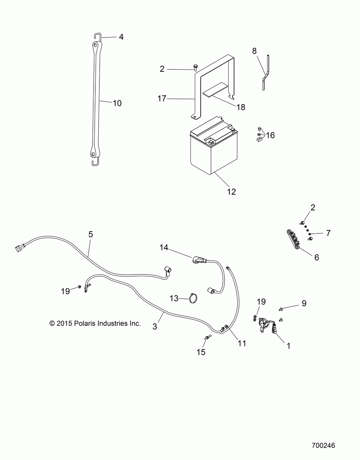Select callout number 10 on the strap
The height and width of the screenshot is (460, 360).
click(x=117, y=103)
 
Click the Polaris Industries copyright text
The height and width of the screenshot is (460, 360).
click(x=95, y=323)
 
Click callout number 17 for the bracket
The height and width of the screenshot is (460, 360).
click(x=162, y=98)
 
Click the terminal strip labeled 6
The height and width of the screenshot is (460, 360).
click(x=293, y=238)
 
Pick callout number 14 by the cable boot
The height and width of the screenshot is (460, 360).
click(x=164, y=247)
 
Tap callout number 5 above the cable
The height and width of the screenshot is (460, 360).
click(x=91, y=234)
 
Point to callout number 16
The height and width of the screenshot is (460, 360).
click(x=270, y=135)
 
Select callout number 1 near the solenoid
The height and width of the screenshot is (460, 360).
click(x=288, y=346)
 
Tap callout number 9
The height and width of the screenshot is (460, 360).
click(x=304, y=304)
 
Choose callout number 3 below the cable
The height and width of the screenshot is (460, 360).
click(x=155, y=326)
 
